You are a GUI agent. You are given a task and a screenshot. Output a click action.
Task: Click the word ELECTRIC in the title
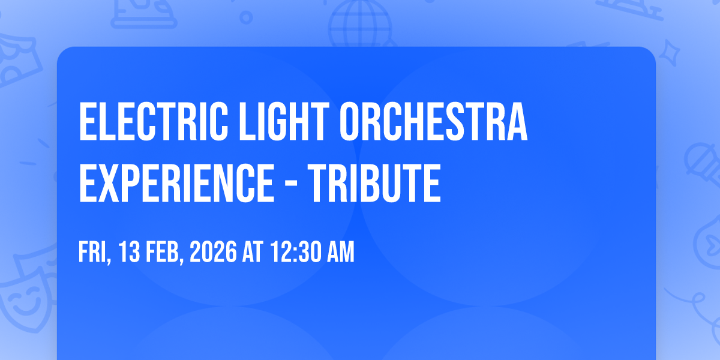click(x=154, y=121)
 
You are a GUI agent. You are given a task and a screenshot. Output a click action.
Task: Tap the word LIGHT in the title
click(x=284, y=121)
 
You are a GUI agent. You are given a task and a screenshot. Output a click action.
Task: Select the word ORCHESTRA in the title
click(x=434, y=121)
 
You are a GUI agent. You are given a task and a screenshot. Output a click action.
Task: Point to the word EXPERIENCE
click(x=176, y=182)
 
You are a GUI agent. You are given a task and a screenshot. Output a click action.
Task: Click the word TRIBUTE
click(x=374, y=182)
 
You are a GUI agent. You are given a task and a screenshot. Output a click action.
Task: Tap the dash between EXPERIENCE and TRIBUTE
click(x=291, y=185)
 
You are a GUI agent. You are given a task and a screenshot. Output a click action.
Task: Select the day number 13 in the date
click(x=129, y=252)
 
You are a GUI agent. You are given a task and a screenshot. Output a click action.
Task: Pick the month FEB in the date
click(x=164, y=252)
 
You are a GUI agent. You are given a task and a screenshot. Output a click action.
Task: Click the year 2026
click(x=213, y=252)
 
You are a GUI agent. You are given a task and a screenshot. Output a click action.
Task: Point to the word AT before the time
click(x=253, y=252)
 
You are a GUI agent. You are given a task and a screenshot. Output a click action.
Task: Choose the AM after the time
click(x=341, y=252)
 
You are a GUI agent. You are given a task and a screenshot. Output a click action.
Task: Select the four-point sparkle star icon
click(x=670, y=53)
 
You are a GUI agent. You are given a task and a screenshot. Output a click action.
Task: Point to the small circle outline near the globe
click(x=246, y=17)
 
